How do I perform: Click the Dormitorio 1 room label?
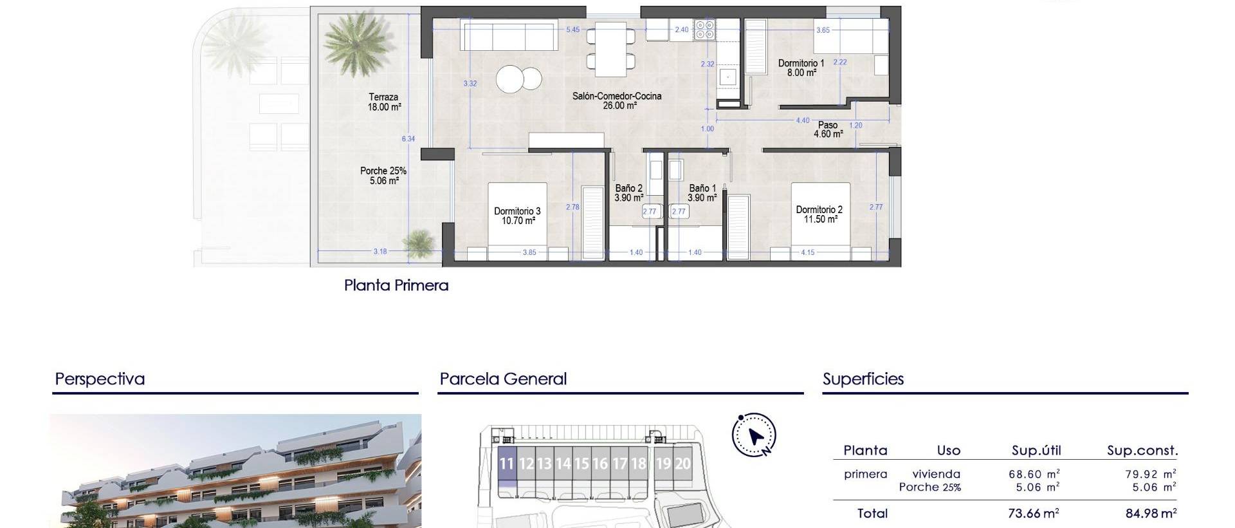pyautogui.click(x=801, y=68)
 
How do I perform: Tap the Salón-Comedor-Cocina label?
pyautogui.click(x=617, y=100)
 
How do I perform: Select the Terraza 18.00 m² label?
pyautogui.click(x=384, y=102)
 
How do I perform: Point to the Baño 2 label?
pyautogui.click(x=628, y=193)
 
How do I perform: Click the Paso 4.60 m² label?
pyautogui.click(x=828, y=129)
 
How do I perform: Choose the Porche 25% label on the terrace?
pyautogui.click(x=383, y=175)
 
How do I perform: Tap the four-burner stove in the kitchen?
pyautogui.click(x=705, y=30)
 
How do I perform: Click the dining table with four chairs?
pyautogui.click(x=611, y=48)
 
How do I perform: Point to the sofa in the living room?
pyautogui.click(x=508, y=36)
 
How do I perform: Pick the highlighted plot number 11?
pyautogui.click(x=507, y=464)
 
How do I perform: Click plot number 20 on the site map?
pyautogui.click(x=682, y=464)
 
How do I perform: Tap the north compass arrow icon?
pyautogui.click(x=755, y=435)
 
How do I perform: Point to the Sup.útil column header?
pyautogui.click(x=1036, y=451)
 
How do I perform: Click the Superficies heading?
pyautogui.click(x=863, y=379)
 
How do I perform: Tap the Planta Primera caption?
pyautogui.click(x=396, y=285)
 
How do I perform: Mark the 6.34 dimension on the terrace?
pyautogui.click(x=408, y=138)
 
